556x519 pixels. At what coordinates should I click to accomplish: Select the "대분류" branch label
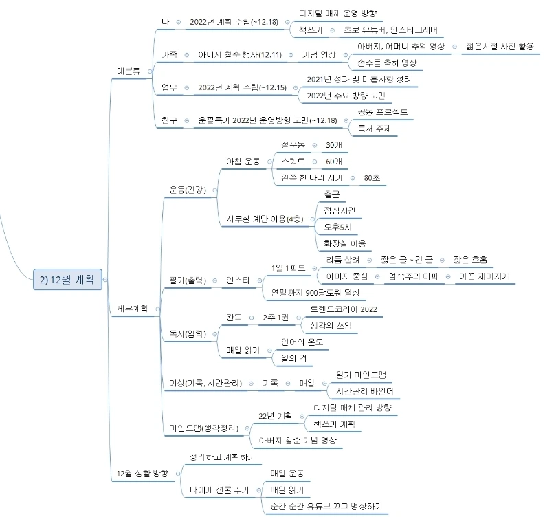click(x=129, y=70)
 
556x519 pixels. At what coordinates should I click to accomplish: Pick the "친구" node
click(x=168, y=120)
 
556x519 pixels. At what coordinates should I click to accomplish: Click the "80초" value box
click(x=373, y=178)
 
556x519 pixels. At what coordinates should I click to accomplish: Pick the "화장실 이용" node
click(x=344, y=243)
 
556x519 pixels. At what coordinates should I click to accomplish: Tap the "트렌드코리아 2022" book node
click(x=344, y=309)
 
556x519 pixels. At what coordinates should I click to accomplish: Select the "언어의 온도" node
click(x=302, y=342)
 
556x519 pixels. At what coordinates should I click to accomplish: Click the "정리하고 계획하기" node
click(x=221, y=457)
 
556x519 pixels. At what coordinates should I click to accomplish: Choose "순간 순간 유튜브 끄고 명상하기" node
click(x=326, y=507)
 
